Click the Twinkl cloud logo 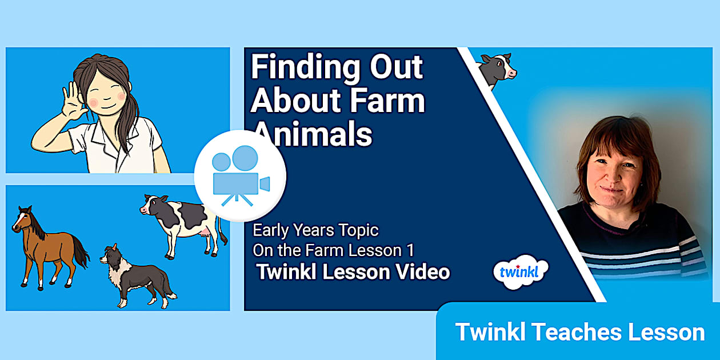click(x=520, y=272)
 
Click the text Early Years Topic click(x=315, y=231)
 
